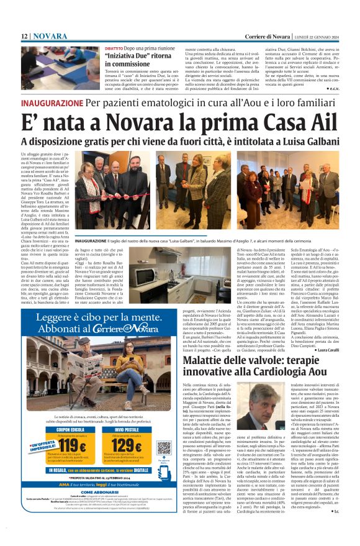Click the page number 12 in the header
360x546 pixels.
(x=24, y=37)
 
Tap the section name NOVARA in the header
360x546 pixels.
(x=50, y=37)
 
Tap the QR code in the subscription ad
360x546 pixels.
(x=164, y=447)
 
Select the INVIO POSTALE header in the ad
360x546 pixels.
(x=127, y=429)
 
